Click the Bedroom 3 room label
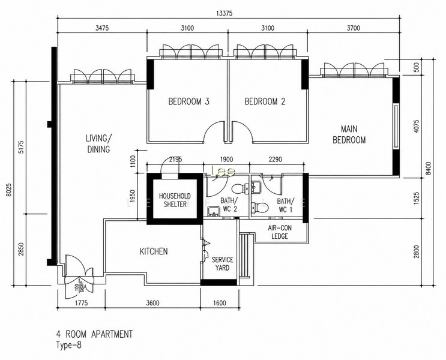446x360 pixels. [189, 101]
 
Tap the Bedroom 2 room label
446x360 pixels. [265, 101]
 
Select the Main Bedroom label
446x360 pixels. [349, 134]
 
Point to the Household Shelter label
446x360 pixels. [175, 200]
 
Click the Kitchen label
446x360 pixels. [154, 251]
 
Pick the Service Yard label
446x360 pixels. [222, 263]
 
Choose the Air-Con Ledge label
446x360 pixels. [280, 232]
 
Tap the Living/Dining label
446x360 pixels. [98, 143]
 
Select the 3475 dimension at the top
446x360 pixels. [102, 28]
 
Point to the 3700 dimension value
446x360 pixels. [354, 28]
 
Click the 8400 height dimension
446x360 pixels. [429, 169]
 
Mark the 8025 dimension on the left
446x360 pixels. [9, 190]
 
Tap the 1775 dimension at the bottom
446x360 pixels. [81, 303]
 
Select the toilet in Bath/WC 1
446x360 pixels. [261, 207]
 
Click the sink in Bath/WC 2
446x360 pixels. [213, 211]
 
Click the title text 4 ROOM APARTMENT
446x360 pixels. [94, 334]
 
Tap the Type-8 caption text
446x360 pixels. [69, 345]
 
